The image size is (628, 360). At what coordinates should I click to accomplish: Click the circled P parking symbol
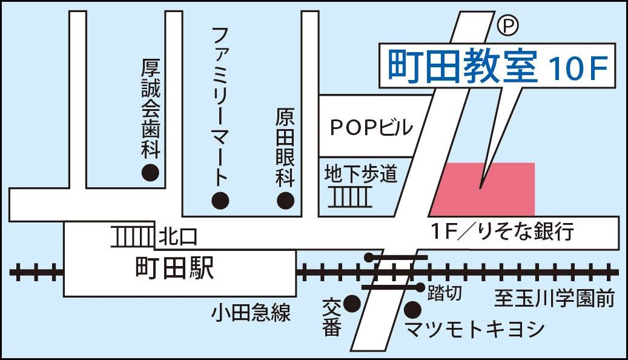tap(509, 26)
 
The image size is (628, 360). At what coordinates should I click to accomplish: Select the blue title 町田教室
tap(463, 66)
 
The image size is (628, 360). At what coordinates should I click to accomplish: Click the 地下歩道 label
tap(361, 174)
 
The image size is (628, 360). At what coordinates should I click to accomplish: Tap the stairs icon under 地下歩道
tap(352, 197)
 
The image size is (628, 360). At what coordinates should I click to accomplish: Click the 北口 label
tap(177, 237)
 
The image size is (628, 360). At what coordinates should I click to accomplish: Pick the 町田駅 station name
tap(175, 268)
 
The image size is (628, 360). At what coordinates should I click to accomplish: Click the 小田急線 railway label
tap(251, 313)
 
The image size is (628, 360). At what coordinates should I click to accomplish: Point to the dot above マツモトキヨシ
tap(412, 310)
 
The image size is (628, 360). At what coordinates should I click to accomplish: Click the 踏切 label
tap(445, 293)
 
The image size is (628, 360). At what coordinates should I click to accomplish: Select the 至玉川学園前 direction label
tap(554, 299)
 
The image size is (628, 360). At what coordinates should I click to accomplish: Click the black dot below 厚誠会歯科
tap(150, 173)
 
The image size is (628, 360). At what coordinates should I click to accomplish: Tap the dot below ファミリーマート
tap(220, 199)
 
